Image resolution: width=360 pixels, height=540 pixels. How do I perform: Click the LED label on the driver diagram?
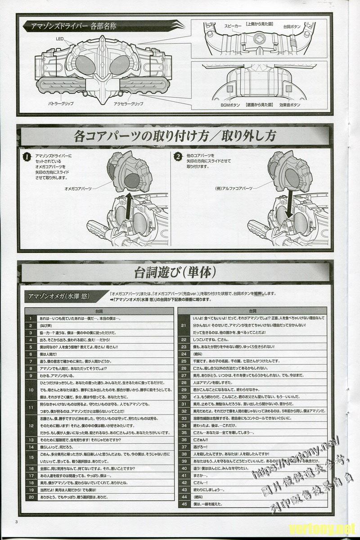(x=59, y=39)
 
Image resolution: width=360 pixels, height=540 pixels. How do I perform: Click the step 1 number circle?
(x=27, y=157)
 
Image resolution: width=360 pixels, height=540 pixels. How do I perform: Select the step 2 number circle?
(x=178, y=157)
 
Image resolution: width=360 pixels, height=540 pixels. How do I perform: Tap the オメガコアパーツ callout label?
(x=78, y=189)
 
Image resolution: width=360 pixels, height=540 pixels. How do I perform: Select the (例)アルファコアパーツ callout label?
(x=234, y=189)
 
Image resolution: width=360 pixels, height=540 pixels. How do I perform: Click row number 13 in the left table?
(x=31, y=439)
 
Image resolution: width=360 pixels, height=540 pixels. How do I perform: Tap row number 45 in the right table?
(x=184, y=504)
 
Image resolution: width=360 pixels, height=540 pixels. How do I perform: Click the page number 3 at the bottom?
(x=17, y=522)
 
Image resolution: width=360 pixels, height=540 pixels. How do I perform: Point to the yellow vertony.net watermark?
(x=323, y=527)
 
